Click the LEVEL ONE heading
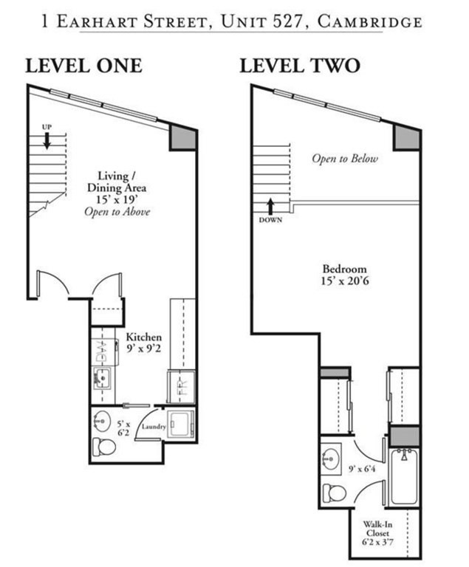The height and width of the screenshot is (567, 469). [83, 66]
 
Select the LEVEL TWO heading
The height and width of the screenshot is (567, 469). [299, 66]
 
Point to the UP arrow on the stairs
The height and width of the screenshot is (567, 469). [47, 140]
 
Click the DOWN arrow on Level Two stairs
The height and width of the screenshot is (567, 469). [270, 206]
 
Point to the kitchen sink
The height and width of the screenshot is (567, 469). [102, 379]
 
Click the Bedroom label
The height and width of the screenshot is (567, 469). [344, 269]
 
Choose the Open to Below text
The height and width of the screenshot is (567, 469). [344, 159]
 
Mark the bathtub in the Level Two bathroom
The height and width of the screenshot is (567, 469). [403, 476]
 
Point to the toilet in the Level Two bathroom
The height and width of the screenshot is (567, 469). [334, 492]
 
